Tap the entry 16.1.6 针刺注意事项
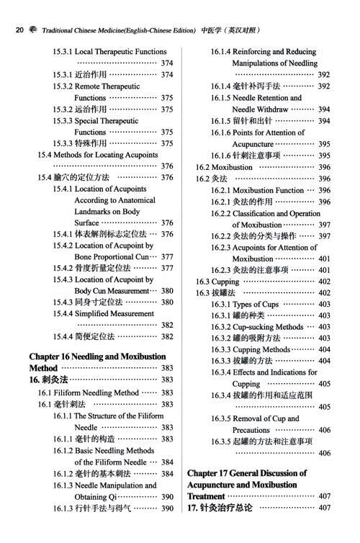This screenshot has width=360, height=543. click(x=249, y=155)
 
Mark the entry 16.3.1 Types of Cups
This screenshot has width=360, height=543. click(x=245, y=304)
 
